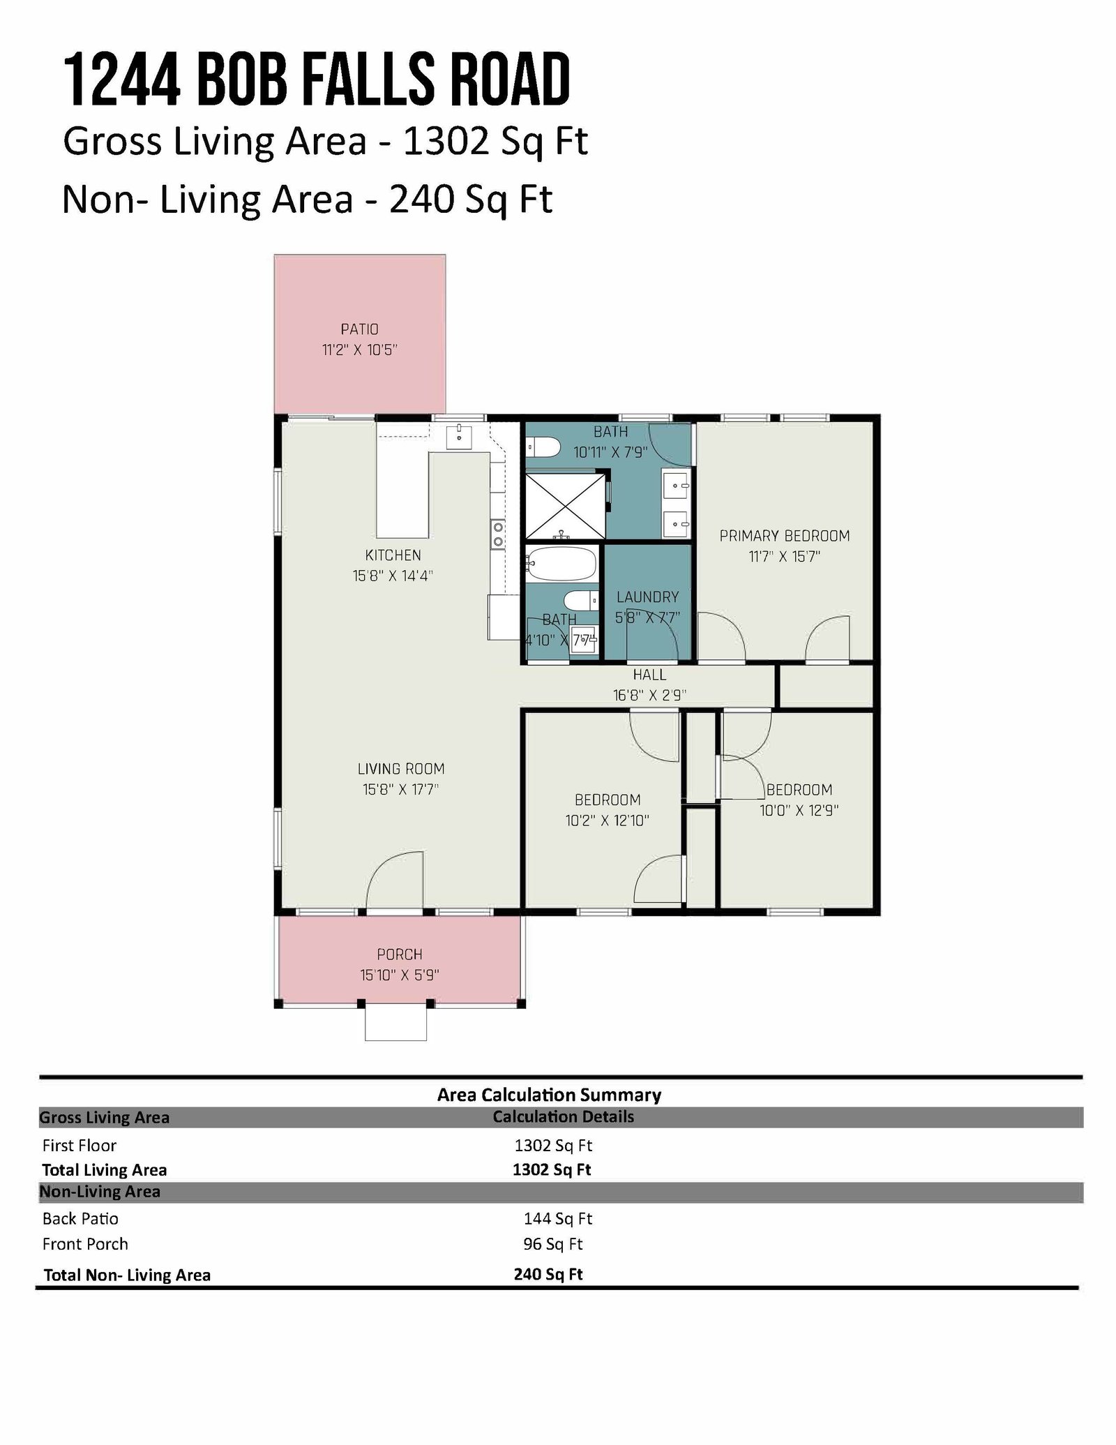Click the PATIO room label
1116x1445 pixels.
tap(359, 329)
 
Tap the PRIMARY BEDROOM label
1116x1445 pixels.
tap(785, 536)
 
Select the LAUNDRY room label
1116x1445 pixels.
tap(647, 597)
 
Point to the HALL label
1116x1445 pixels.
tap(649, 675)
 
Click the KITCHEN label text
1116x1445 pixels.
tap(393, 555)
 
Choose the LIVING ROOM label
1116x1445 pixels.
tap(401, 769)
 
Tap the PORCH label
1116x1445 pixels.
tap(400, 954)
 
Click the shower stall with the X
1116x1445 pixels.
tap(565, 507)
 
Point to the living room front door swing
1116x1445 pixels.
tap(395, 880)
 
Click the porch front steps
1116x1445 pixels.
tap(395, 1023)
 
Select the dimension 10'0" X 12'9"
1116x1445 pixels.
tap(799, 811)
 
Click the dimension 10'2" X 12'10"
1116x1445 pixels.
tap(608, 821)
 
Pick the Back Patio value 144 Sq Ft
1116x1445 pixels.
tap(558, 1219)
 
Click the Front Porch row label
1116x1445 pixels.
tap(85, 1244)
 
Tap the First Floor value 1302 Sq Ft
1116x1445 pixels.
tap(553, 1146)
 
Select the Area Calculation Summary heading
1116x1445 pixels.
tap(549, 1095)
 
